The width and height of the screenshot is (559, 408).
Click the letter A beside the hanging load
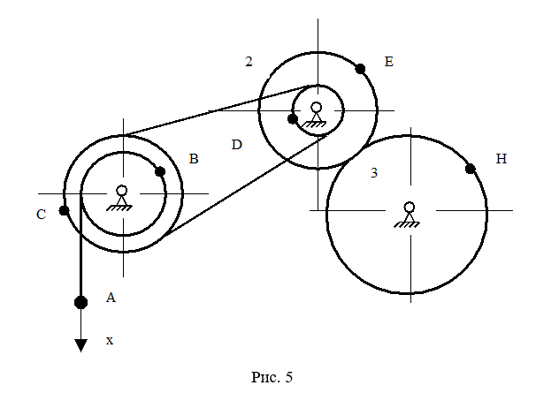point(111,298)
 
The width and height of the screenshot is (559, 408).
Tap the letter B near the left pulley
point(194,159)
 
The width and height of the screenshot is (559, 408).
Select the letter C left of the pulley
point(42,214)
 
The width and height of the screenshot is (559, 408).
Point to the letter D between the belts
point(236,144)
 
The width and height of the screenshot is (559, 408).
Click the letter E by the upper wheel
point(388,62)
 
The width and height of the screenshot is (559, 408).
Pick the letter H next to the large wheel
point(502,159)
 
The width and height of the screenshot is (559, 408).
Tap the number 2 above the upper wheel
point(249,62)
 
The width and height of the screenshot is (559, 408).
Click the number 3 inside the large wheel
point(374,173)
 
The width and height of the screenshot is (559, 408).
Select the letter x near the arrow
point(110,339)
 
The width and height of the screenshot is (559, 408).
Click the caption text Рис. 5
point(272,377)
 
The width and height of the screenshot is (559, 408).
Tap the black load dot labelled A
point(80,302)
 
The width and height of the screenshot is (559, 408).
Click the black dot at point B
point(160,171)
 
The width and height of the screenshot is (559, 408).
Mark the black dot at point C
point(64,210)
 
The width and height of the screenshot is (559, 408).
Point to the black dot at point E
point(360,68)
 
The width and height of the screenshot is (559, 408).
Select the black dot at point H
point(471,169)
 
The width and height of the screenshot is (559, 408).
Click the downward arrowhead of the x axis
point(80,345)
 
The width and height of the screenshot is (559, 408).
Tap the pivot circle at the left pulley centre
point(122,190)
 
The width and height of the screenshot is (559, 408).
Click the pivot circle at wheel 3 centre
point(409,208)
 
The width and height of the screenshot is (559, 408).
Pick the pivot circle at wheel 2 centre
point(317,108)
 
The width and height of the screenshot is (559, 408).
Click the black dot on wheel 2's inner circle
point(293,118)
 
